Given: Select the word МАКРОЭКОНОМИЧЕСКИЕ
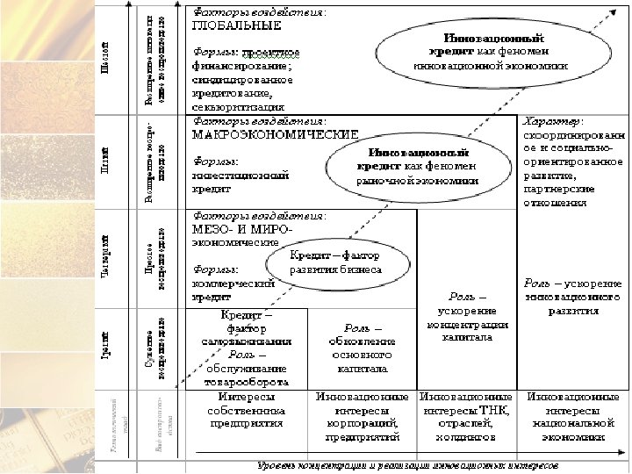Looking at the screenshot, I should tap(275, 134).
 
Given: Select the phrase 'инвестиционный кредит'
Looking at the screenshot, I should tap(240, 182).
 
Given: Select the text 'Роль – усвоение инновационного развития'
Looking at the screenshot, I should tap(572, 297).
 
